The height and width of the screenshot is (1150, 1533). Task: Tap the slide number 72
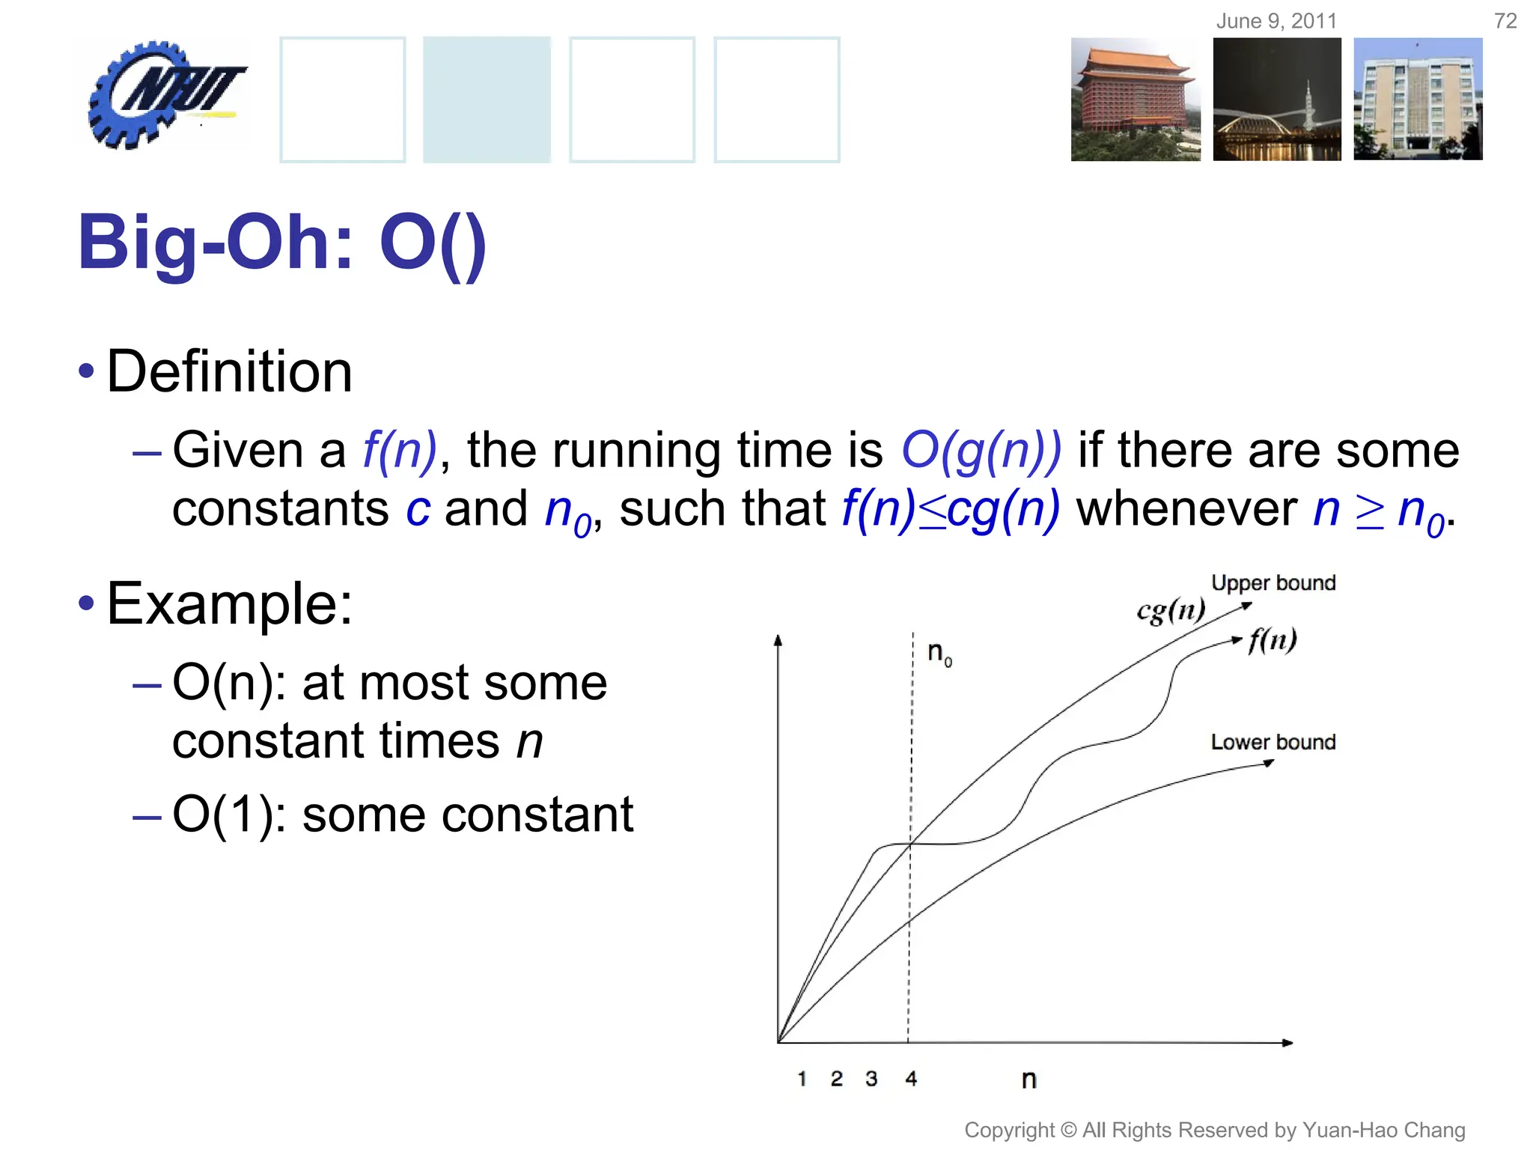(1505, 21)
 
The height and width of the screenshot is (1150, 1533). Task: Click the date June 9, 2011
(1276, 21)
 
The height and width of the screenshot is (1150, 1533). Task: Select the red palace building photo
(1135, 100)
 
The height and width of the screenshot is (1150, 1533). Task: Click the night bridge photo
(1277, 100)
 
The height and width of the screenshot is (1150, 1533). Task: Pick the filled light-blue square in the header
(487, 100)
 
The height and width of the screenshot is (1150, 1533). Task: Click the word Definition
(229, 371)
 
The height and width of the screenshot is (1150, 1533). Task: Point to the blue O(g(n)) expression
(981, 451)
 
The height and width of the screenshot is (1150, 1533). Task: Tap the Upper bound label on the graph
(1273, 582)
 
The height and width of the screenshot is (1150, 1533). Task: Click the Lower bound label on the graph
(1273, 742)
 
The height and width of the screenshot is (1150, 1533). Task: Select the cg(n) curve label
(1171, 610)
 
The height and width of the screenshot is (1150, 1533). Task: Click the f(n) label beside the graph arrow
(1273, 640)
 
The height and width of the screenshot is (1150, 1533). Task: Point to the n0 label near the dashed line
(939, 653)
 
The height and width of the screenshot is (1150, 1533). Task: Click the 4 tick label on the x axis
(910, 1079)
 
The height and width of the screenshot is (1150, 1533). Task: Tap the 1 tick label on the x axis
(802, 1079)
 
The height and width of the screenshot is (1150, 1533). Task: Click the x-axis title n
(1029, 1080)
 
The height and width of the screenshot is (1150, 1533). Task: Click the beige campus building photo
(1418, 100)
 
